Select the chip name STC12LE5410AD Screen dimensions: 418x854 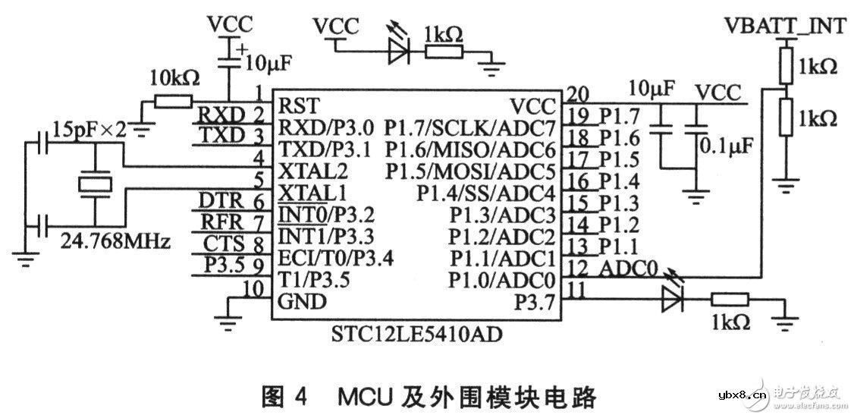[406, 333]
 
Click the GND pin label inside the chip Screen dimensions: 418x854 [302, 301]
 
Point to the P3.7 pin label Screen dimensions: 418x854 [535, 301]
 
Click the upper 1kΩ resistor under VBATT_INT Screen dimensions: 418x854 [786, 67]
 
